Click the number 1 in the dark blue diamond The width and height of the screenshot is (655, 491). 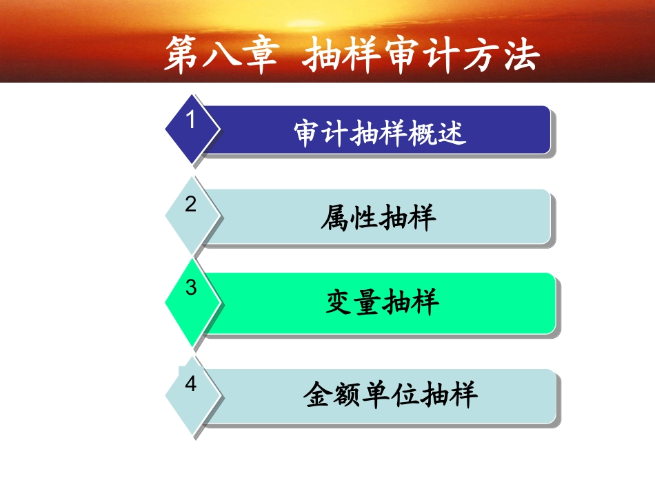(191, 121)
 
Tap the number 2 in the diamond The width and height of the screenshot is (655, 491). (191, 205)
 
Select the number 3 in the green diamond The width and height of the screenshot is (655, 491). (191, 288)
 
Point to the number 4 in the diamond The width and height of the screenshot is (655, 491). (191, 384)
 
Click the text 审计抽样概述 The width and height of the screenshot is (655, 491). (380, 133)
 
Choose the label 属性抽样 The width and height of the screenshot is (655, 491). (379, 218)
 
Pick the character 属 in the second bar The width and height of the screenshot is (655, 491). (335, 218)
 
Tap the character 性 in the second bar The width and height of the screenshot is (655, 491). (364, 218)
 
